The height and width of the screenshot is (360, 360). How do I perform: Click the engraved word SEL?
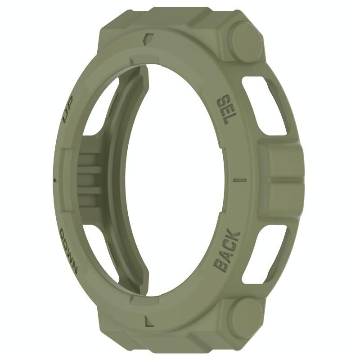click(225, 109)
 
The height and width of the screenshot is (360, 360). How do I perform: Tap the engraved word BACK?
click(226, 250)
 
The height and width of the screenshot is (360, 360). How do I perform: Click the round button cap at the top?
click(246, 41)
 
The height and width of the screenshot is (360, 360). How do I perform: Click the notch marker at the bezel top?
click(148, 39)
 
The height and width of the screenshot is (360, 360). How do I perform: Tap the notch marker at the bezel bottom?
click(148, 320)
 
